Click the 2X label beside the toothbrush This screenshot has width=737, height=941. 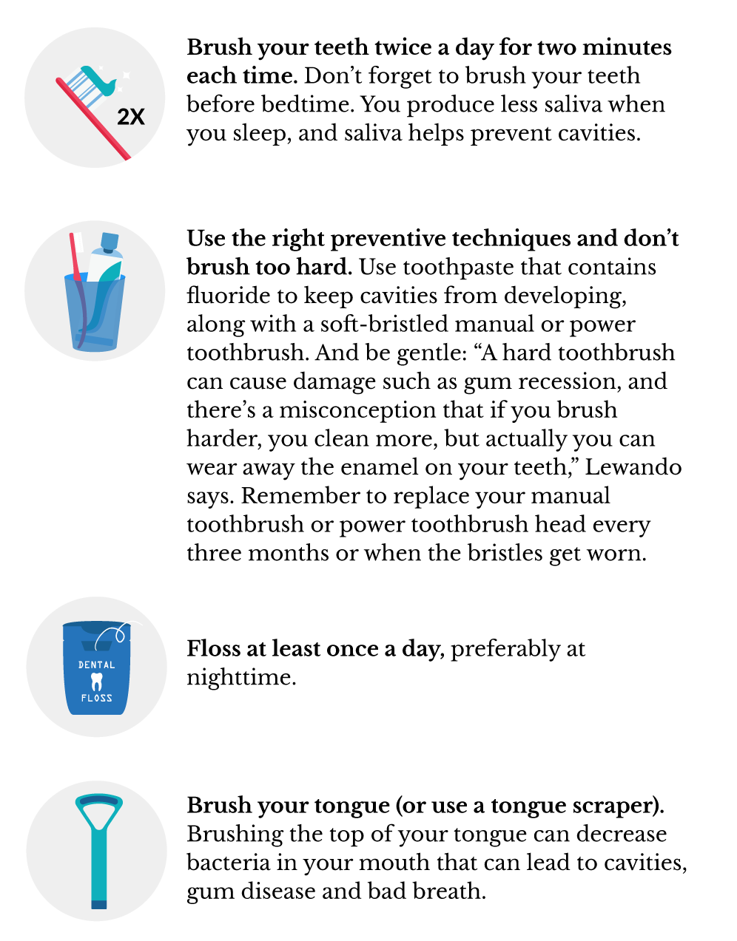[130, 117]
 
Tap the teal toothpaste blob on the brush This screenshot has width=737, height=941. [100, 80]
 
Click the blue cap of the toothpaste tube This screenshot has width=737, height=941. [109, 242]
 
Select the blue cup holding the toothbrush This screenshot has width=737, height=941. [95, 312]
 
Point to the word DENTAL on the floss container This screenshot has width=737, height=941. [97, 665]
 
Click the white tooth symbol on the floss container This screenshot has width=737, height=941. [96, 682]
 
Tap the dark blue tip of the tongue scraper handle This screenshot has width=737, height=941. [99, 904]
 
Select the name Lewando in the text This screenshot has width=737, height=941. [633, 467]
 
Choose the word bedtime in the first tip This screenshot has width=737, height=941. [307, 104]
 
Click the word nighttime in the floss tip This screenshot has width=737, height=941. [241, 677]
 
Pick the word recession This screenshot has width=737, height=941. [569, 382]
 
